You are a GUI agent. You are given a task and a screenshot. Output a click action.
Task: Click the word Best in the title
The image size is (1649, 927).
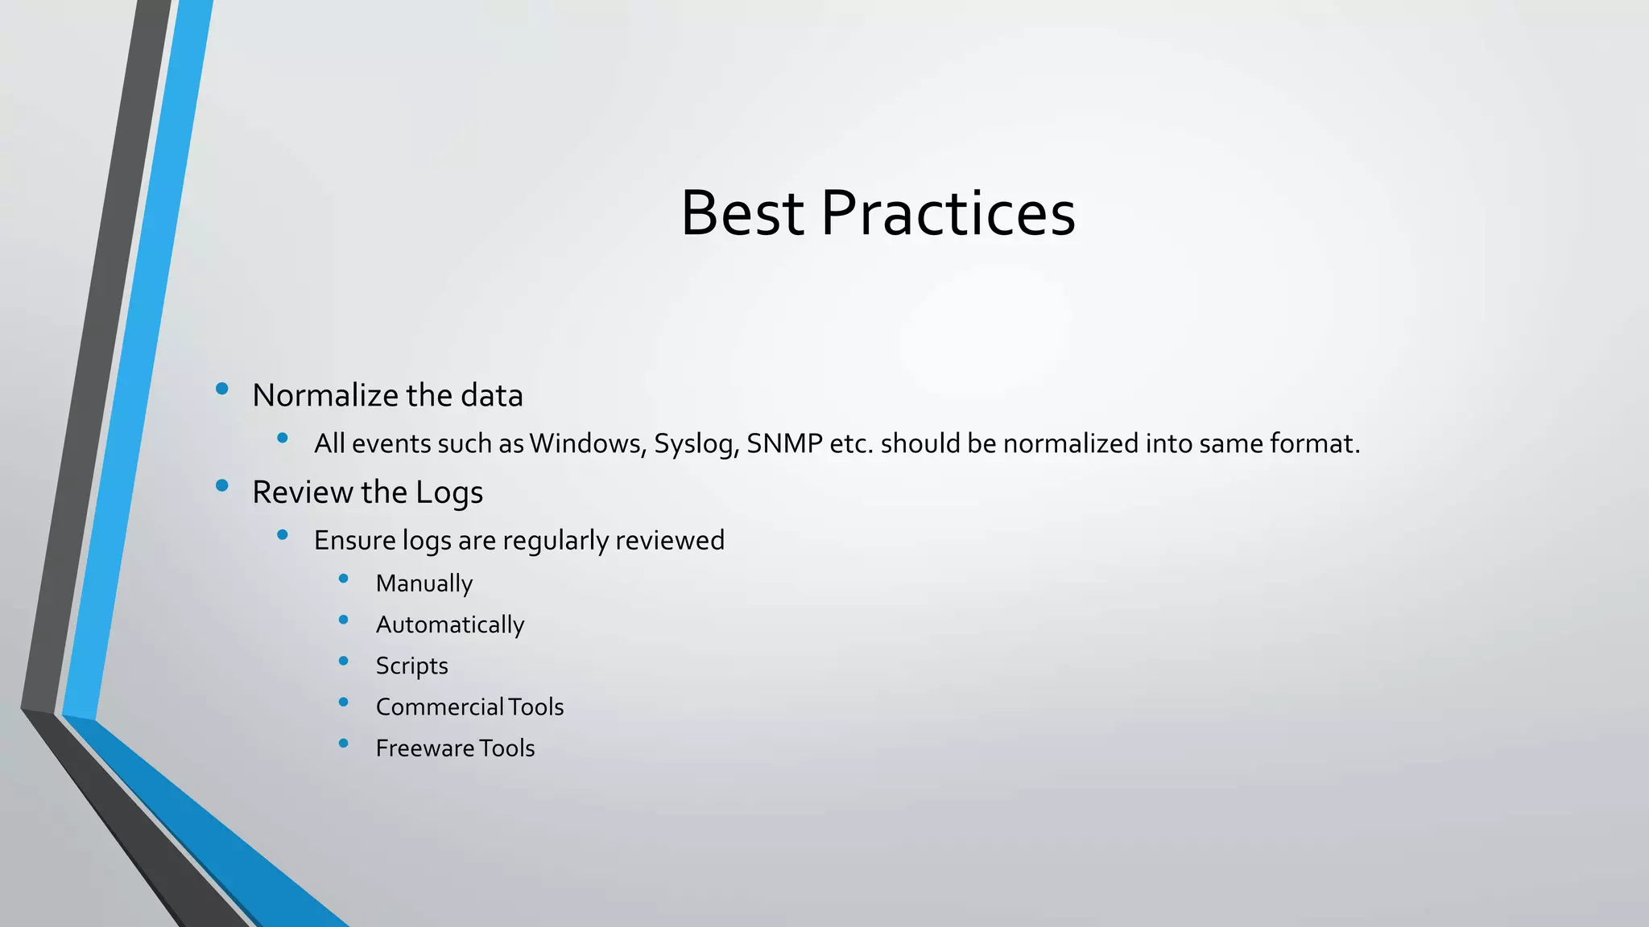pos(742,213)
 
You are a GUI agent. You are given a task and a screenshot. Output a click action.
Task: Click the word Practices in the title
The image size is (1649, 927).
pos(948,213)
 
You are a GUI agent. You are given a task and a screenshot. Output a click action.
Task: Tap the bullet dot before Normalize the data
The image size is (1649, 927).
pos(222,389)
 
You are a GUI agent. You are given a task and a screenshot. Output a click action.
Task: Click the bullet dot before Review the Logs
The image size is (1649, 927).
pos(222,485)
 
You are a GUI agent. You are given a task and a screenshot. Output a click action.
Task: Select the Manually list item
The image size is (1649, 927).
pos(424,583)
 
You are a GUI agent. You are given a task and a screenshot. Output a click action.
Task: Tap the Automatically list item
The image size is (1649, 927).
pos(449,625)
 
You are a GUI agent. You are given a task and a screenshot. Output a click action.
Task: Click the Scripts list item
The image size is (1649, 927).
pos(411,666)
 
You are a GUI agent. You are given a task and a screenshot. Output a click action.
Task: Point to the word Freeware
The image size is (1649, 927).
pos(424,748)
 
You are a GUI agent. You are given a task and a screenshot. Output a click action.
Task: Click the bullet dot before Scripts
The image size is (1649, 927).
pos(344,661)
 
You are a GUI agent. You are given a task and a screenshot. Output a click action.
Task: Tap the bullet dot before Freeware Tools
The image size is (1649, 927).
pos(344,744)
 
